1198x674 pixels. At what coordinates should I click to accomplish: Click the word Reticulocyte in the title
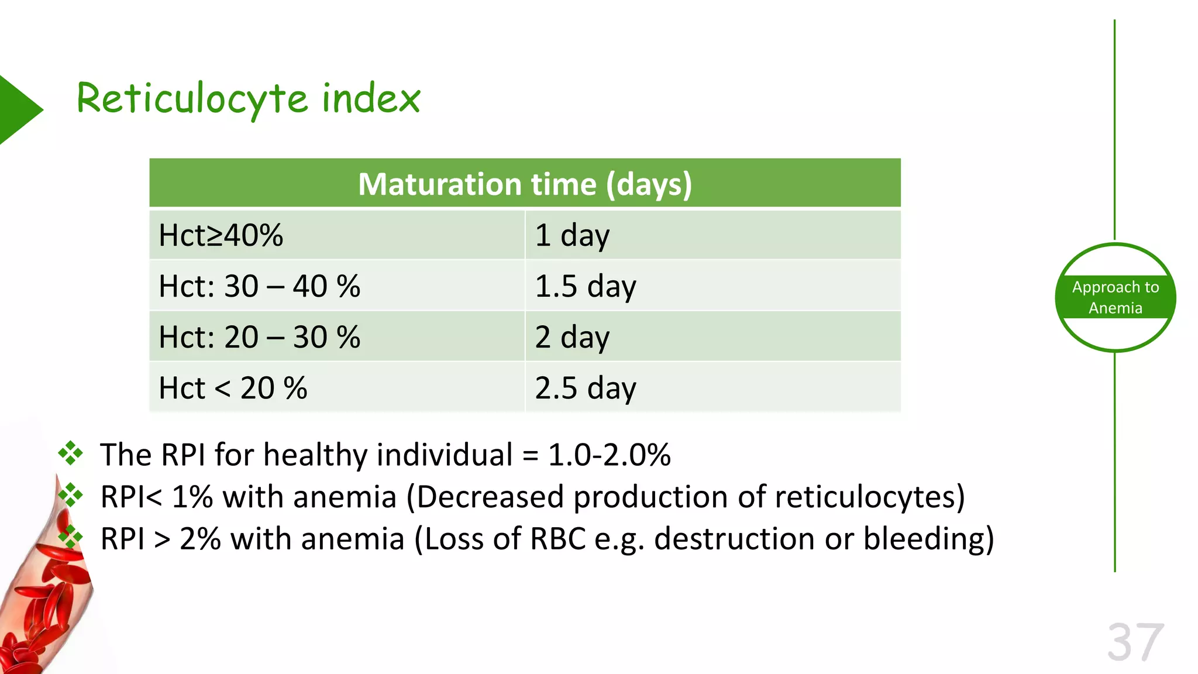tap(192, 98)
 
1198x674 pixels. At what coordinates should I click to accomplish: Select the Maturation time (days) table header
tap(525, 184)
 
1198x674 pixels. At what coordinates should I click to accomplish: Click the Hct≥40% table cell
tap(336, 235)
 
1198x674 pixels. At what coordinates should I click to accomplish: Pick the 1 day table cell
tap(712, 235)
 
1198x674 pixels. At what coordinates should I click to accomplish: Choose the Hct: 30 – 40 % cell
tap(336, 286)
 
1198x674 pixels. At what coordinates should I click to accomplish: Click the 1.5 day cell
tap(712, 286)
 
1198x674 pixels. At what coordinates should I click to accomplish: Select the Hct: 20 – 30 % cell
tap(336, 337)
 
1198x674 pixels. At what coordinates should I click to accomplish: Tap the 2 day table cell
tap(712, 337)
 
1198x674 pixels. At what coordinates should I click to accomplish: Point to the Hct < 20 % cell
tap(336, 388)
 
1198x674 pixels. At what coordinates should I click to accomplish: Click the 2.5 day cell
tap(712, 388)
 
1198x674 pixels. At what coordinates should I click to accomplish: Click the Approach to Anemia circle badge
tap(1115, 297)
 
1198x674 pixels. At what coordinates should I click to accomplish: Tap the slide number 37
tap(1135, 642)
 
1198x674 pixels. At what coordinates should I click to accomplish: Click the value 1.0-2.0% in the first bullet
tap(609, 455)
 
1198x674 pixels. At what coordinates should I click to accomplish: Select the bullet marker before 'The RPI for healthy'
tap(70, 453)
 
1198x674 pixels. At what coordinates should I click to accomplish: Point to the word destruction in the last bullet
tap(734, 539)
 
